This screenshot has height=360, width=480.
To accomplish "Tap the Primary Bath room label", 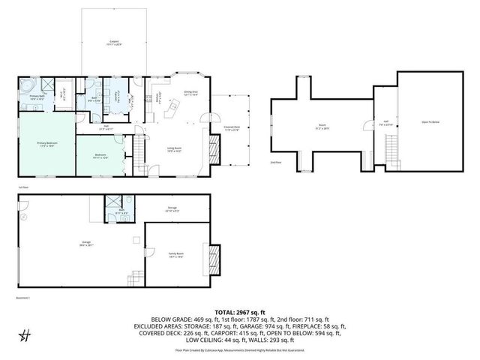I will [37, 97].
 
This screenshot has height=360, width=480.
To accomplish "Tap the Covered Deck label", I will [232, 128].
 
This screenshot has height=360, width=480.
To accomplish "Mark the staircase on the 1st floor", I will [137, 154].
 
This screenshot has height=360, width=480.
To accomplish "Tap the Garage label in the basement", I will [76, 243].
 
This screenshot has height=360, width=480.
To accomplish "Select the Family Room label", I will [175, 256].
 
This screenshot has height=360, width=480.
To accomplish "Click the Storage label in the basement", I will [172, 210].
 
